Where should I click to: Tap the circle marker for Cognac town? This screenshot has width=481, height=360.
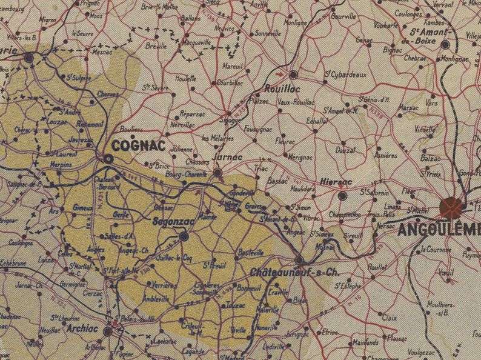click(108, 159)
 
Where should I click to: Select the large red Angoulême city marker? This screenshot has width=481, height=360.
click(451, 207)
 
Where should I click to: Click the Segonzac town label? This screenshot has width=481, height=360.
click(174, 221)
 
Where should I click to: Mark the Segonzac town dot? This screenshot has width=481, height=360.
click(184, 236)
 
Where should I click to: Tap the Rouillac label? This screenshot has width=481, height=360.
click(279, 88)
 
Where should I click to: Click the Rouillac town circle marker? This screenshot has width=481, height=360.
click(294, 75)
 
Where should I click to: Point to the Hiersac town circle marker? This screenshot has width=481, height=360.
click(343, 196)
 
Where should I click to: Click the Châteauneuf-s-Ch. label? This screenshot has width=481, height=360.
click(294, 273)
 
